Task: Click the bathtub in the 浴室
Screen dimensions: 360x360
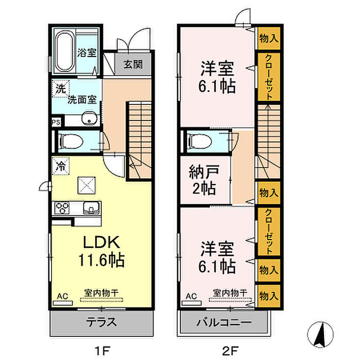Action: [x=64, y=48]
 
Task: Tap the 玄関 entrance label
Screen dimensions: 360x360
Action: [x=133, y=65]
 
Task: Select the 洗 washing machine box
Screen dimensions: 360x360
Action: [x=61, y=88]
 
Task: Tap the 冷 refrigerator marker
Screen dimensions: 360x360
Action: [x=61, y=167]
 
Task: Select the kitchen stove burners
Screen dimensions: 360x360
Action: [x=63, y=208]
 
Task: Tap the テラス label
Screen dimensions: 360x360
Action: [x=101, y=323]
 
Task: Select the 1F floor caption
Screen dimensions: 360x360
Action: [x=102, y=351]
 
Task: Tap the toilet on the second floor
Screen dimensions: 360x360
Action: [x=197, y=140]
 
